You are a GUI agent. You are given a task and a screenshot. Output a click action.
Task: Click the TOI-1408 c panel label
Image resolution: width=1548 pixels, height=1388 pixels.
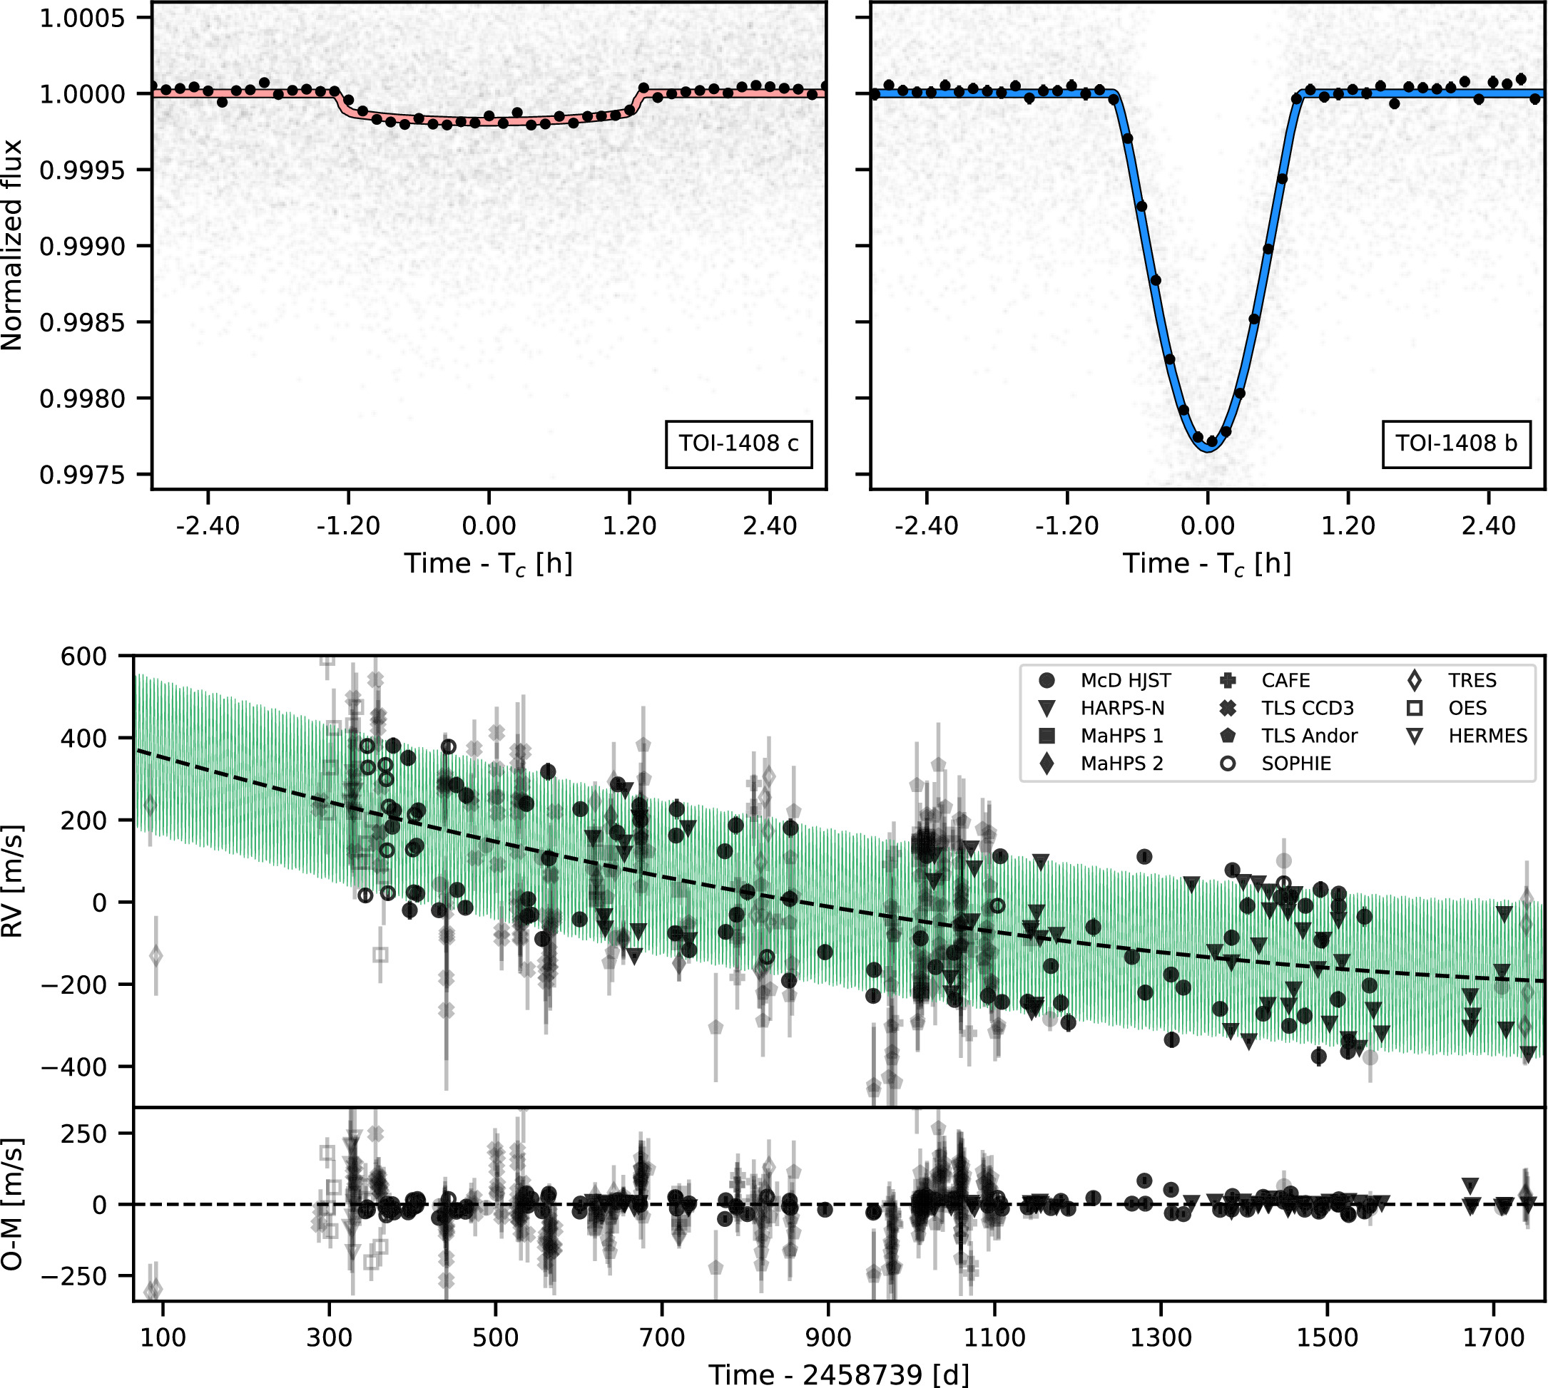738,443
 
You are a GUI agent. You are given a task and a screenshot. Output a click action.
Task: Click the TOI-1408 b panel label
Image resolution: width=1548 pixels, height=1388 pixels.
1456,443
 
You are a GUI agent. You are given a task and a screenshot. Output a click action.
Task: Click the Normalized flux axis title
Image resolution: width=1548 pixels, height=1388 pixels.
12,245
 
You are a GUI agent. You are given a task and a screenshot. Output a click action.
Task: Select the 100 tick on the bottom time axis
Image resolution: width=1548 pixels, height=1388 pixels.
163,1337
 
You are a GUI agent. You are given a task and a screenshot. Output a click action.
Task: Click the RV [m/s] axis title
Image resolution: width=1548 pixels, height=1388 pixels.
12,881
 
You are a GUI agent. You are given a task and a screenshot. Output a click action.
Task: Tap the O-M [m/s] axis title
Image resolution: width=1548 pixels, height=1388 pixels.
12,1204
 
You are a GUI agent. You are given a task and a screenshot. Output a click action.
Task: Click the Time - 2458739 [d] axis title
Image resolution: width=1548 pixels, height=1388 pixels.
838,1374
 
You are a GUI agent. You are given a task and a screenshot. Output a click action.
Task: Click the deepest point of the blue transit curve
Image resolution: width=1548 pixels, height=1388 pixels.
1208,450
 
